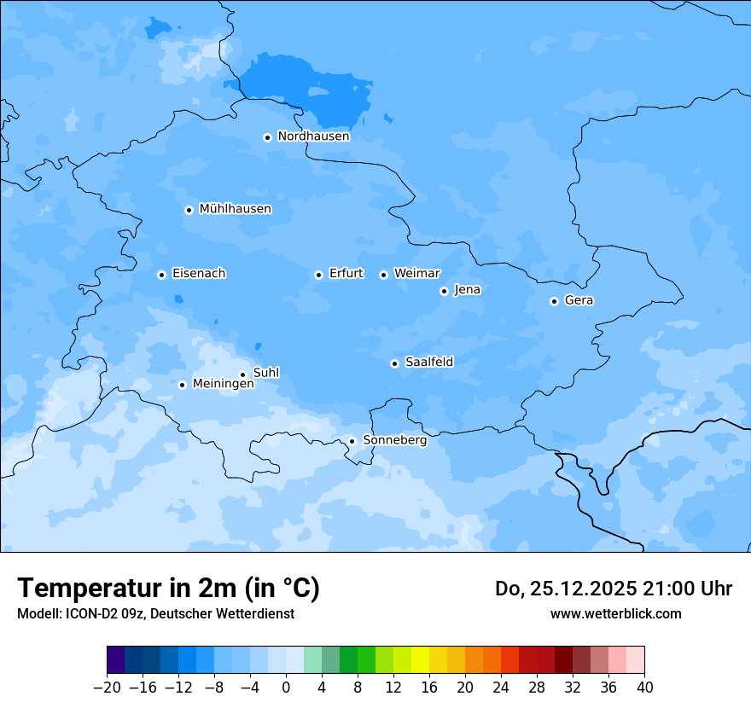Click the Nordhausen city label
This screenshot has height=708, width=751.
[x=313, y=136]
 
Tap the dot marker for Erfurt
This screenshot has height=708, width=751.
[x=318, y=275]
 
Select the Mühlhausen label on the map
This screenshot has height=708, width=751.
[x=235, y=209]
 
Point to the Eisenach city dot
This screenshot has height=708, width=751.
[x=161, y=275]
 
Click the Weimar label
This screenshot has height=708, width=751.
[x=416, y=274]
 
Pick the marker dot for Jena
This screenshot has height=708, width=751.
[x=444, y=291]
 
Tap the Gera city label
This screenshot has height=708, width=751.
[x=579, y=300]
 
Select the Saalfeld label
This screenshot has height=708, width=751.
[x=429, y=363]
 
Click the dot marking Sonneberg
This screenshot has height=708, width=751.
[x=352, y=441]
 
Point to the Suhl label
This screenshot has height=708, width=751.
[x=266, y=373]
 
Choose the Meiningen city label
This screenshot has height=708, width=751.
[x=223, y=385]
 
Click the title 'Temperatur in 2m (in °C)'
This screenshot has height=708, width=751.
[x=168, y=588]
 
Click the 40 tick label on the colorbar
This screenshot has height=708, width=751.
[x=644, y=688]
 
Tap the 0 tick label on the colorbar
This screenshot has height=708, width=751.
[x=286, y=688]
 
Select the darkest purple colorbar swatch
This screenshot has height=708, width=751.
[x=115, y=660]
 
